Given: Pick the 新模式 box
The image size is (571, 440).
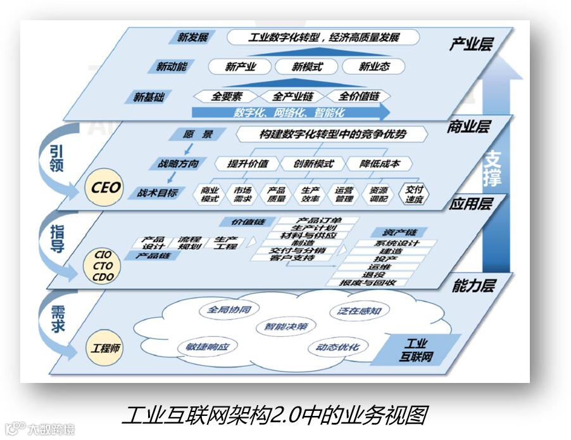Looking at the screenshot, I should [x=307, y=66].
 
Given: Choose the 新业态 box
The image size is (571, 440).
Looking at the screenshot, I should [x=374, y=66].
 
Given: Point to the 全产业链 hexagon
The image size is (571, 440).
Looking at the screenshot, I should [x=292, y=96].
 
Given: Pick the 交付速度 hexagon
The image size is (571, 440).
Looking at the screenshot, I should [x=415, y=194].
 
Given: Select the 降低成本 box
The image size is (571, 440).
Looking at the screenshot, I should [x=380, y=164].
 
